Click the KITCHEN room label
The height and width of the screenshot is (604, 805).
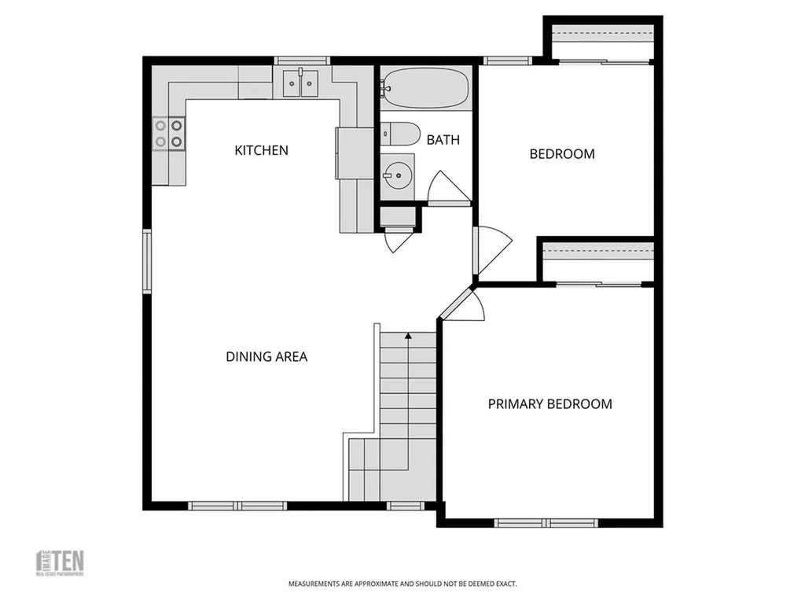tap(262, 149)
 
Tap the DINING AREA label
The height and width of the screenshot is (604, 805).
tap(266, 356)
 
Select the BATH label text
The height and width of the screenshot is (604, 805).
tap(443, 140)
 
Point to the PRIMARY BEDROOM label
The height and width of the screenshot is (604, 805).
tap(550, 404)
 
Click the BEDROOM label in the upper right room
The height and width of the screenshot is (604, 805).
tap(562, 153)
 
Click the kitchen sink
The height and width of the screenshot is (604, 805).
tap(300, 82)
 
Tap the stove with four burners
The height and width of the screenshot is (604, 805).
tap(169, 133)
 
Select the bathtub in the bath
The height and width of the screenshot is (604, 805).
tap(425, 87)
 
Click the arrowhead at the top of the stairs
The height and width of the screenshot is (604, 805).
tap(408, 337)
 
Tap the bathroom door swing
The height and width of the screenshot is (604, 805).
tap(443, 188)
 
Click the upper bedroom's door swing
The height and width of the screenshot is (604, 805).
tap(488, 250)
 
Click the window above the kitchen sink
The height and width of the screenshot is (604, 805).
tap(301, 61)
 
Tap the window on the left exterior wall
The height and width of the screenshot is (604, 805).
tap(146, 261)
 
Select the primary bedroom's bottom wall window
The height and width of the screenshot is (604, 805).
tap(546, 523)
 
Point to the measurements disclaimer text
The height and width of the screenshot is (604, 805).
tap(402, 584)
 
